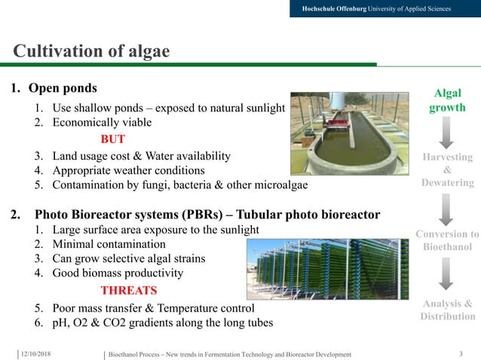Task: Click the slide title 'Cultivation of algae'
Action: [91, 51]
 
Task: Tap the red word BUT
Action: [112, 139]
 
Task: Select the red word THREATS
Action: [129, 290]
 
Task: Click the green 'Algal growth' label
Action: [447, 100]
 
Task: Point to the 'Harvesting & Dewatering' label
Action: [447, 169]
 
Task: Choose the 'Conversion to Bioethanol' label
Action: [447, 240]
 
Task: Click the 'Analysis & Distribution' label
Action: [447, 310]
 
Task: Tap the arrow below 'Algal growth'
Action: [446, 133]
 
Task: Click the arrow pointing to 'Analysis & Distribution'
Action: [446, 274]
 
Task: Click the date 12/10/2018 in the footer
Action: [37, 354]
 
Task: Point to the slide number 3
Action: [461, 354]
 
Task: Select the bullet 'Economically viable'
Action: [102, 122]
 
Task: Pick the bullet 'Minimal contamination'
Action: [109, 244]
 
